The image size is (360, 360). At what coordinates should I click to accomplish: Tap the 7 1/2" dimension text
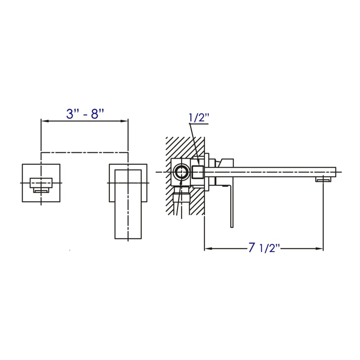click(264, 248)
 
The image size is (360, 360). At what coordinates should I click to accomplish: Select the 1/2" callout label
click(199, 118)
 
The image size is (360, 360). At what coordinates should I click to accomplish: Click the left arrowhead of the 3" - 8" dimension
click(44, 121)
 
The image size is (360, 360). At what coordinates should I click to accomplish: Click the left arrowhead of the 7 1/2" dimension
click(207, 248)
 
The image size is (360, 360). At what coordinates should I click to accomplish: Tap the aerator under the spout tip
click(323, 180)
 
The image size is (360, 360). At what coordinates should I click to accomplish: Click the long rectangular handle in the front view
click(128, 202)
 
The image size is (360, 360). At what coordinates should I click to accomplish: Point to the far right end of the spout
click(335, 172)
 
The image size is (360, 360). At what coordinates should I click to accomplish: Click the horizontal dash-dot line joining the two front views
click(85, 153)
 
